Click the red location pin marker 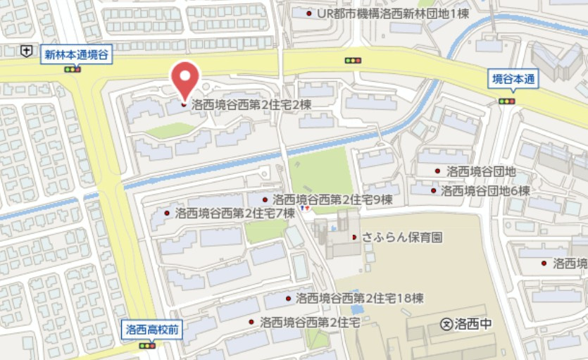[185, 79]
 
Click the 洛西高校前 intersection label [153, 329]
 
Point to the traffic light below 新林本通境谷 [73, 69]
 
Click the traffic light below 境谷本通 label [506, 101]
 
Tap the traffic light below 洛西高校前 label [148, 345]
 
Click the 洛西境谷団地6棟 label [485, 190]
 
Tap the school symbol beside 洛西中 [446, 325]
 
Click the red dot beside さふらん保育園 [354, 237]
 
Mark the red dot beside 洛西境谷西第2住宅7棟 [167, 213]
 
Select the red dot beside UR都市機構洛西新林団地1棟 [309, 13]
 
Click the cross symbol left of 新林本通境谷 [26, 50]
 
